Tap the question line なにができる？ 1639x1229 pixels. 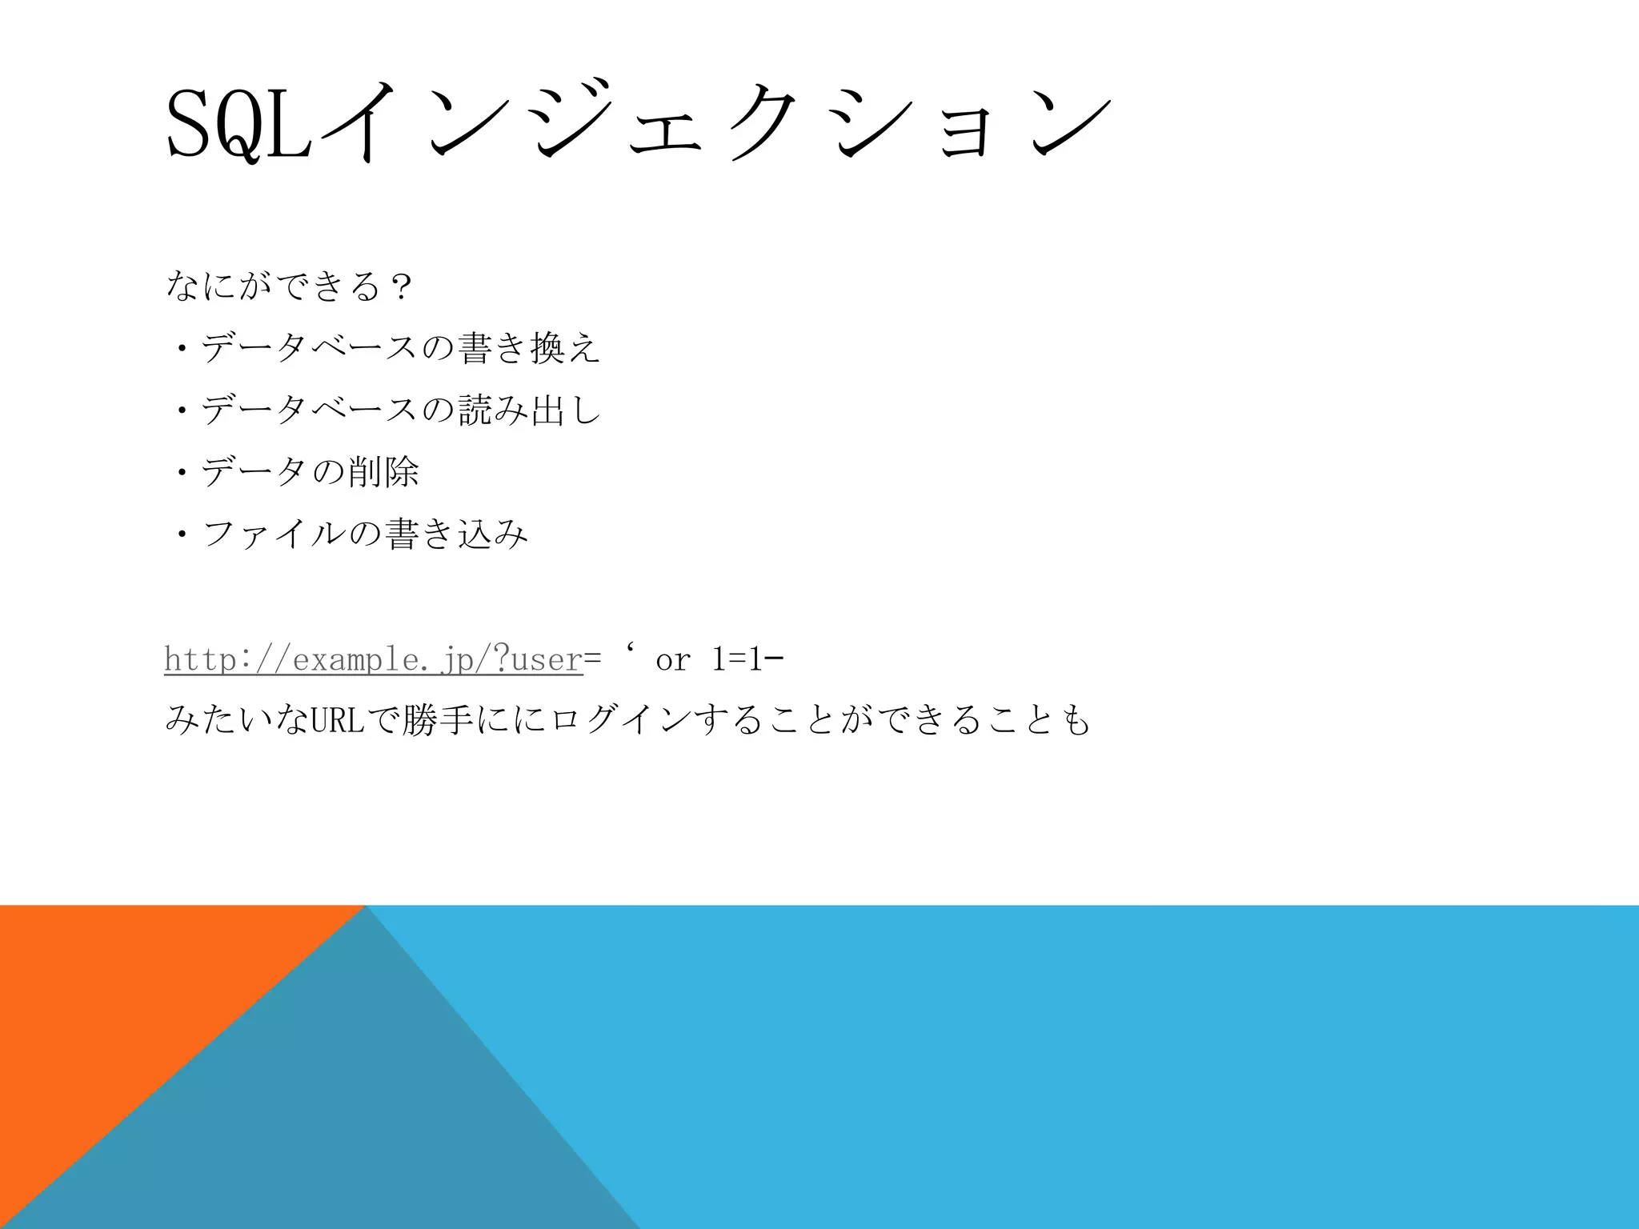tap(288, 286)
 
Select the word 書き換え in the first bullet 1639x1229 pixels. tap(529, 348)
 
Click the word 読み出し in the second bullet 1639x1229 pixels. tap(529, 410)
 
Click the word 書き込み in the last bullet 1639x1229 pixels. tap(457, 533)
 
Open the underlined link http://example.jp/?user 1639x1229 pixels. tap(373, 659)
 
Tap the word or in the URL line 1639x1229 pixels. tap(672, 660)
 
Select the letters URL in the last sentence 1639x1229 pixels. tap(337, 721)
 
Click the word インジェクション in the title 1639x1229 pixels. tap(712, 125)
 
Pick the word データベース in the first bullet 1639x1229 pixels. tap(309, 348)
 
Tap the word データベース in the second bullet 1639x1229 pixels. tap(309, 410)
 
